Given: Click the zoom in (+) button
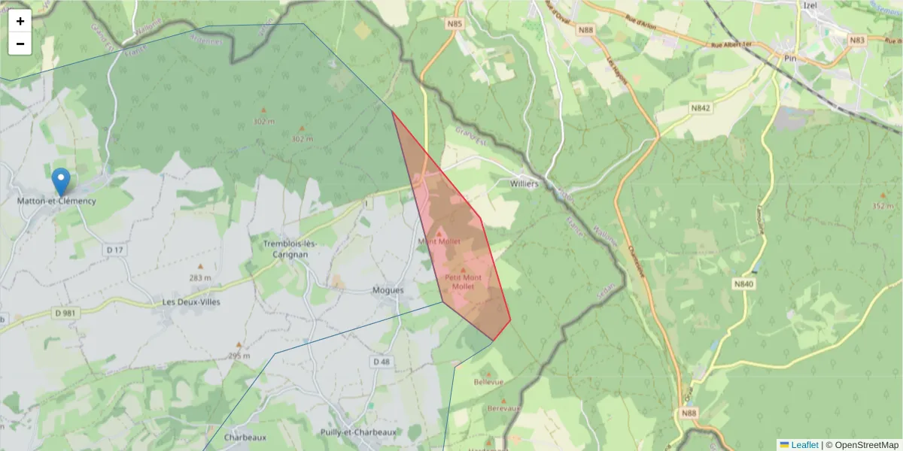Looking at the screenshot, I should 20,21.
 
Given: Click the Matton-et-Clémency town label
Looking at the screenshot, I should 57,201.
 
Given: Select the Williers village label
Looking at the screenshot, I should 523,183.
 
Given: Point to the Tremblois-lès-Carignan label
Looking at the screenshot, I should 290,249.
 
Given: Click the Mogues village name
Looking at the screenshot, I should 388,290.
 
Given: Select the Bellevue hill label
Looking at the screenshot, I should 488,382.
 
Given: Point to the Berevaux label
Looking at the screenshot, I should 504,408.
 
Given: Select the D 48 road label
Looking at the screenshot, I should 382,362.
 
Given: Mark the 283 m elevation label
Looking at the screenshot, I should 200,277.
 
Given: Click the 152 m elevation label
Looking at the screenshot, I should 883,206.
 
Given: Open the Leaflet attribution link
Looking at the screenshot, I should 804,445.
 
